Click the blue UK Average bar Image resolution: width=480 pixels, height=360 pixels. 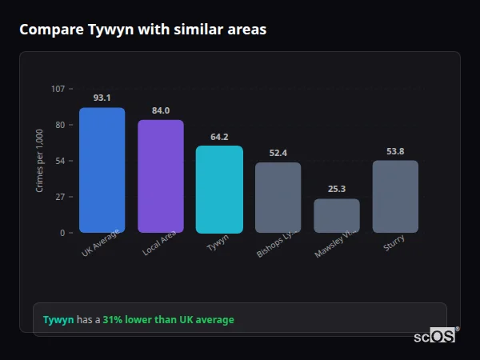click(102, 170)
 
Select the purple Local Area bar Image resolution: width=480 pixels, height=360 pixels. click(161, 176)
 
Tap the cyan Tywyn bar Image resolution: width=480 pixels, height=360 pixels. click(219, 189)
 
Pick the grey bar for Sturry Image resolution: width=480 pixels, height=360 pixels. click(395, 196)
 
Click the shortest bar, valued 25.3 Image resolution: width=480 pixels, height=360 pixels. click(337, 215)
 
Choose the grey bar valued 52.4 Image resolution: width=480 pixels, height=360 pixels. click(278, 197)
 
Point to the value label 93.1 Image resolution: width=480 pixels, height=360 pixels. click(102, 98)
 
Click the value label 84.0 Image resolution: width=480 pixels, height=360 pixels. click(161, 110)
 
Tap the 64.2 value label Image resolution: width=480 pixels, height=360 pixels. click(219, 137)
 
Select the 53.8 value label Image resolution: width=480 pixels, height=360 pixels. click(395, 151)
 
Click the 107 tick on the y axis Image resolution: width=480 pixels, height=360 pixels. click(58, 88)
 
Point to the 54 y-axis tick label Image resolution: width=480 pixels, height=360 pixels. click(60, 161)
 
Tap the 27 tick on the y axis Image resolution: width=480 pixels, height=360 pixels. click(60, 197)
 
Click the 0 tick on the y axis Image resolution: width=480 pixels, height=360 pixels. click(62, 233)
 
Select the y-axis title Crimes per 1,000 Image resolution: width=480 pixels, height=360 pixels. click(40, 161)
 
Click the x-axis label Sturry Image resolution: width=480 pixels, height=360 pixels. click(394, 243)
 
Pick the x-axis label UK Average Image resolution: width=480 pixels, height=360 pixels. click(100, 243)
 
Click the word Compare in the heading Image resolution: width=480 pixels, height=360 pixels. click(50, 30)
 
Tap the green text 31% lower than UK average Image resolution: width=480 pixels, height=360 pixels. click(168, 320)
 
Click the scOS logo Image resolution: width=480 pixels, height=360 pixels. click(435, 336)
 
